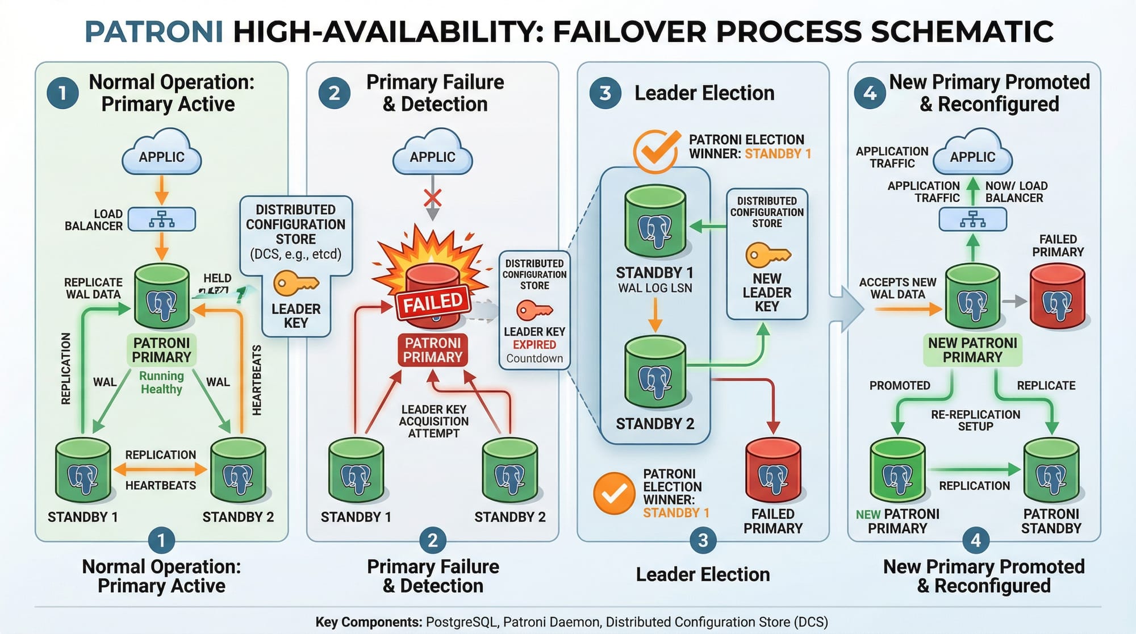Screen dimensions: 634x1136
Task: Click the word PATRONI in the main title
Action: [153, 32]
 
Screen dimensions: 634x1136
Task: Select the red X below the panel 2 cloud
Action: [433, 198]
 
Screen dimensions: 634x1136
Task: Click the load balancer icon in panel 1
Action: [162, 219]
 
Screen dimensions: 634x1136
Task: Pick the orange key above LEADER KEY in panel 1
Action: [295, 283]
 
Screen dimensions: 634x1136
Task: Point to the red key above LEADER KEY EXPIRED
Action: [534, 310]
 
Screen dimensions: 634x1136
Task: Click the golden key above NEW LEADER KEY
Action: [767, 255]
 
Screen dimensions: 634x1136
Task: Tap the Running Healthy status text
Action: [161, 382]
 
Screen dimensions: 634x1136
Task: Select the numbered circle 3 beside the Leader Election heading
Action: [605, 93]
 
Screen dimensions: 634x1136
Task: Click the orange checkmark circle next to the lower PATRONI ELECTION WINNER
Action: [614, 494]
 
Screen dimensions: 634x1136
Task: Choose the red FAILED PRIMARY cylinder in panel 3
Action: [773, 471]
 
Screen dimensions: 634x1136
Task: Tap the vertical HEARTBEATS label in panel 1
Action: [257, 379]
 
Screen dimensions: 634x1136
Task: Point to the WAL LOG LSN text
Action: [655, 288]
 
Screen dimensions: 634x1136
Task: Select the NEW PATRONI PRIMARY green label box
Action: [972, 350]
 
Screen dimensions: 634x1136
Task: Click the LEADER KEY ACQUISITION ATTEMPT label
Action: [433, 421]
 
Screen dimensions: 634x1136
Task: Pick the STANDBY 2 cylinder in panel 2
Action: [509, 471]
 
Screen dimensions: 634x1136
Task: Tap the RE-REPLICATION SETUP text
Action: [975, 420]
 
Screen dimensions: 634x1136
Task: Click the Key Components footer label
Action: [368, 622]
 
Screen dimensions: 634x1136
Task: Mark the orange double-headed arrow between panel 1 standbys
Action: [160, 470]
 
